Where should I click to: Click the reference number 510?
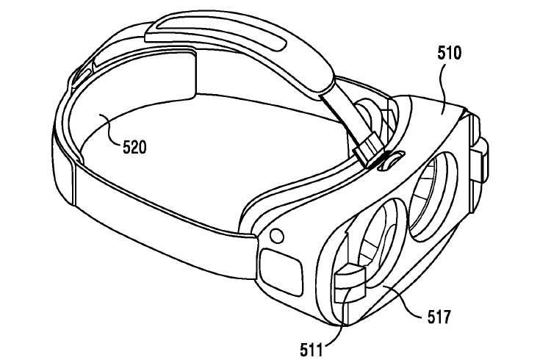(x=449, y=53)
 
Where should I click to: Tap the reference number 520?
(x=134, y=147)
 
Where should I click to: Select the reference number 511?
(x=311, y=350)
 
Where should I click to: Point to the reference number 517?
(x=439, y=317)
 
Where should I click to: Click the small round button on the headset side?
(x=277, y=236)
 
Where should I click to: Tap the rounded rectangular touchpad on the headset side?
(x=281, y=270)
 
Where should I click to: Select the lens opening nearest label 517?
(x=376, y=242)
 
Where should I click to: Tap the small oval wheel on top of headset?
(x=391, y=160)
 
